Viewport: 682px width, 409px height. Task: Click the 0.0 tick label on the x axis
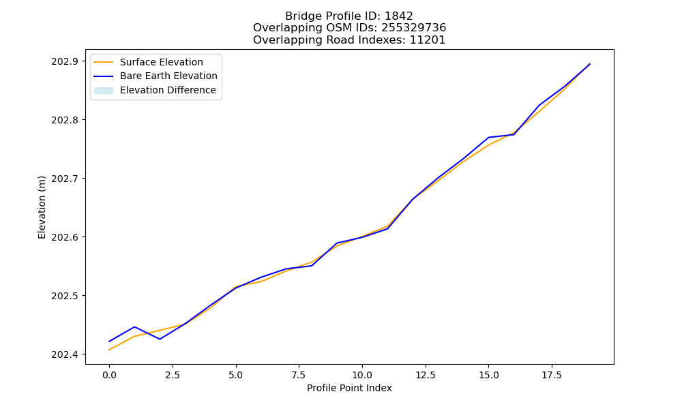tap(109, 375)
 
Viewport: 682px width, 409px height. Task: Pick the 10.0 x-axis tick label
tap(362, 375)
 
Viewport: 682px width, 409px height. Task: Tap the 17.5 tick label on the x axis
tap(552, 375)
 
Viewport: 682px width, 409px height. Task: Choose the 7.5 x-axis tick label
tap(299, 375)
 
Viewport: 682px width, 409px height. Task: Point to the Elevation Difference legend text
tap(168, 90)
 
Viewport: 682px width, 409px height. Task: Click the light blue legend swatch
tap(104, 91)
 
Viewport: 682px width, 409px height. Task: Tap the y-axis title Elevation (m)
tap(42, 207)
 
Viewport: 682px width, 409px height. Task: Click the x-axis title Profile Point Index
tap(349, 388)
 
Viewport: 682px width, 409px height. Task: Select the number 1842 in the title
tap(399, 16)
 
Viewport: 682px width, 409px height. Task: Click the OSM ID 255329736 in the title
tap(414, 28)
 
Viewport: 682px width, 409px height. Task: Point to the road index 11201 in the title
tap(428, 40)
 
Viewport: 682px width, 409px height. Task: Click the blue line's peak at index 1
tap(134, 327)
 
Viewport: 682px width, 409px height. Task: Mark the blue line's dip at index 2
tap(160, 339)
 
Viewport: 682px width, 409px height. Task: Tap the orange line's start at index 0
tap(109, 350)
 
